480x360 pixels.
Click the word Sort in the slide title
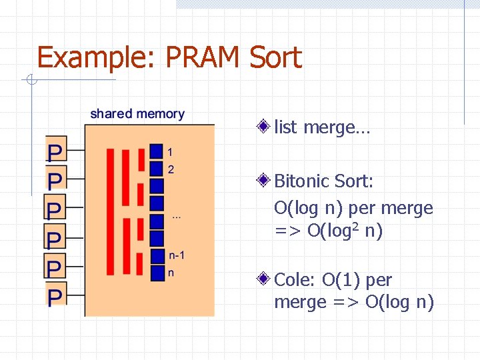275,58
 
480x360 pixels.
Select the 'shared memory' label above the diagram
137,114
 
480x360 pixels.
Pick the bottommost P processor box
55,295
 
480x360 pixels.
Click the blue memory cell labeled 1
157,151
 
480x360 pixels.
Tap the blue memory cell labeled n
157,273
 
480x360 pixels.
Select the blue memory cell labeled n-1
157,255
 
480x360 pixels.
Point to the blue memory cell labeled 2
157,169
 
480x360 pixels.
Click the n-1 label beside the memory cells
177,255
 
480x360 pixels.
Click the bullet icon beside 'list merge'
265,126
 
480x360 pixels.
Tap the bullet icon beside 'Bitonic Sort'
265,180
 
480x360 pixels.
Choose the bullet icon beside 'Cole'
265,279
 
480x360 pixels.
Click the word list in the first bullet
285,127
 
